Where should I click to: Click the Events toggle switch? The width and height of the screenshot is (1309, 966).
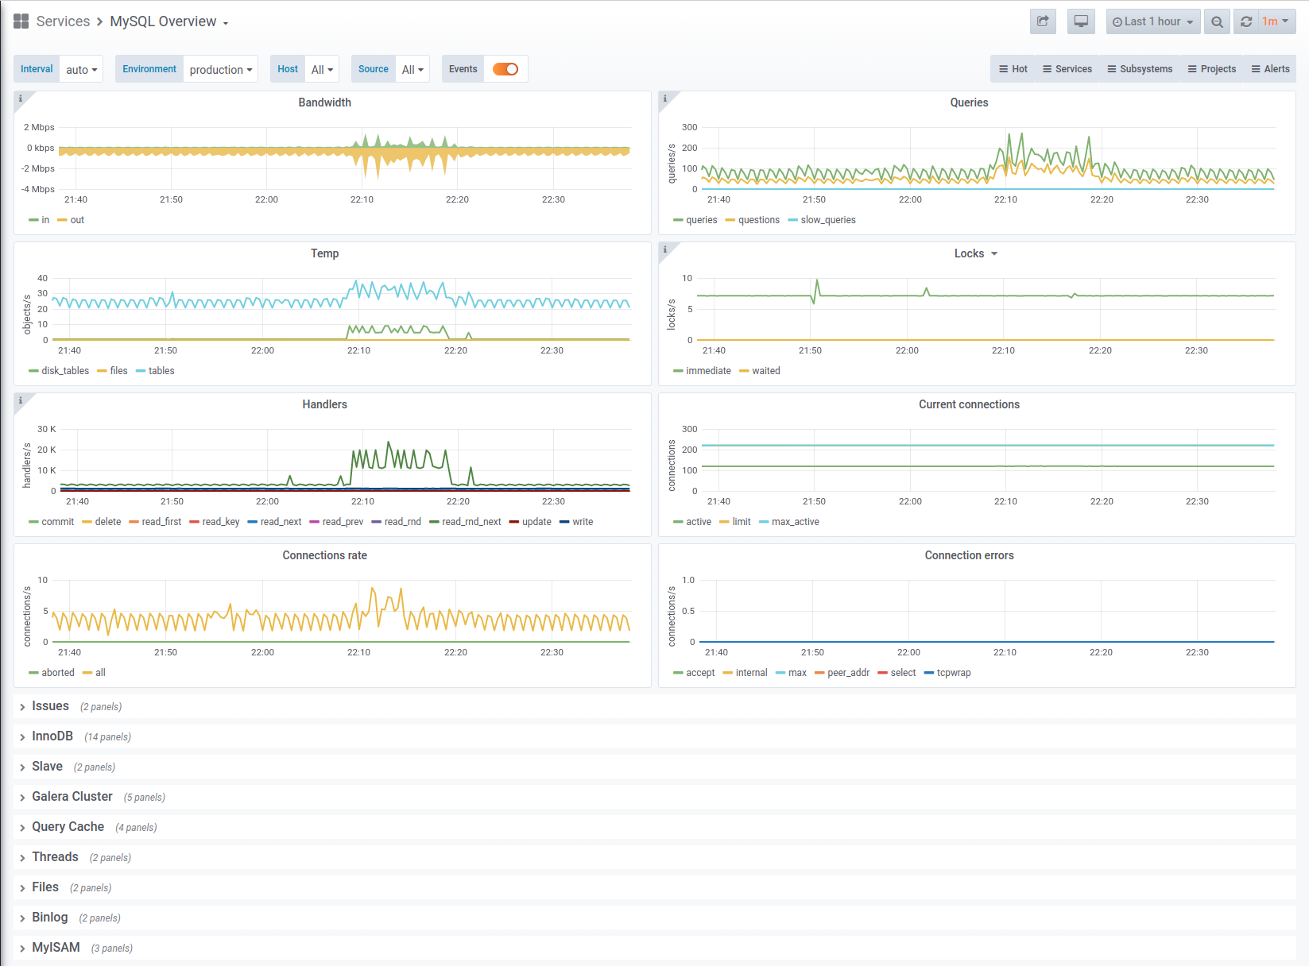point(505,69)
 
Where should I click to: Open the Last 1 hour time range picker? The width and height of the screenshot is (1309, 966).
point(1152,21)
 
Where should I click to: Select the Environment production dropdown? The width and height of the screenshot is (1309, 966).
point(220,70)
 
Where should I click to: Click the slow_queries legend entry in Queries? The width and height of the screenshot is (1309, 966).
point(822,220)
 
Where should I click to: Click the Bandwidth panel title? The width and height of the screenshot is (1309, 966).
point(324,102)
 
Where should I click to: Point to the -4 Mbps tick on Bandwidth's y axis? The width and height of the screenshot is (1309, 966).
point(38,189)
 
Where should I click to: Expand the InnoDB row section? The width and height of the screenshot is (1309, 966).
point(52,736)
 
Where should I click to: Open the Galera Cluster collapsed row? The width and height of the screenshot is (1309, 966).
point(72,797)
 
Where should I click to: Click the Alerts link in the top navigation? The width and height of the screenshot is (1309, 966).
point(1271,69)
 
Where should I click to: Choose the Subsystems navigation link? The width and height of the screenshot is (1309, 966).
point(1140,69)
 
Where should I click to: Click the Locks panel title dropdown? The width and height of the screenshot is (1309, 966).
point(975,253)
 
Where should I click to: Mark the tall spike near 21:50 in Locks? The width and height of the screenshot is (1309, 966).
point(817,281)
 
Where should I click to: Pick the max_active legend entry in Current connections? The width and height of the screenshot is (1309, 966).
point(789,522)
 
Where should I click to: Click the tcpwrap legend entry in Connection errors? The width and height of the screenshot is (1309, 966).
point(947,673)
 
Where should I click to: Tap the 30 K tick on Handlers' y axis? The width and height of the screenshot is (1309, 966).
point(47,429)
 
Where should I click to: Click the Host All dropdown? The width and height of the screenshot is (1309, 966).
point(322,70)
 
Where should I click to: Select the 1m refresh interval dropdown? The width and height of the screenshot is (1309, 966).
point(1276,21)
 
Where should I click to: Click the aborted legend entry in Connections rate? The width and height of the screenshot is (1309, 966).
point(52,673)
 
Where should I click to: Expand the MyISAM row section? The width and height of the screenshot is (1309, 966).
point(56,948)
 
